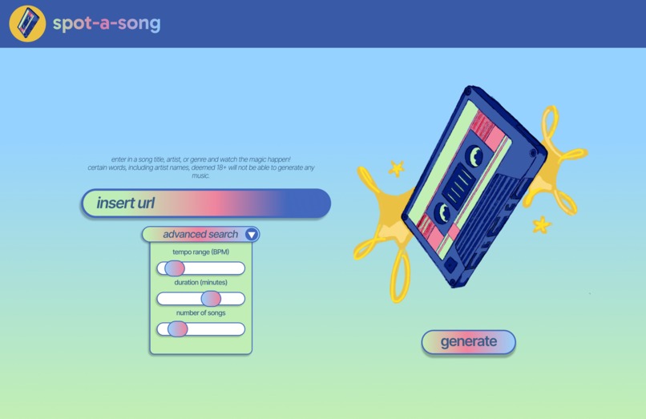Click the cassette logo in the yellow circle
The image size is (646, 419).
click(27, 23)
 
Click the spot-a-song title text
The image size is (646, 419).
click(107, 23)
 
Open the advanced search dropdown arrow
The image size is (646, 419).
click(252, 235)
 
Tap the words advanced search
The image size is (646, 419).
click(200, 235)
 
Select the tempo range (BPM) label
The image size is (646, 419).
click(200, 252)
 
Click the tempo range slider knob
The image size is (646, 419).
click(174, 268)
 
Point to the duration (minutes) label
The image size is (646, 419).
click(200, 283)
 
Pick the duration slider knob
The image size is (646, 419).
click(210, 299)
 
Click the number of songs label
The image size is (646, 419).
click(200, 313)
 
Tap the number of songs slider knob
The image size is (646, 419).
click(177, 329)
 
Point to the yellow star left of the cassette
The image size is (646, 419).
click(396, 169)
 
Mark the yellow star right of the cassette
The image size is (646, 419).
click(542, 224)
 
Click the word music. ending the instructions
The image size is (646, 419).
click(200, 175)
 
